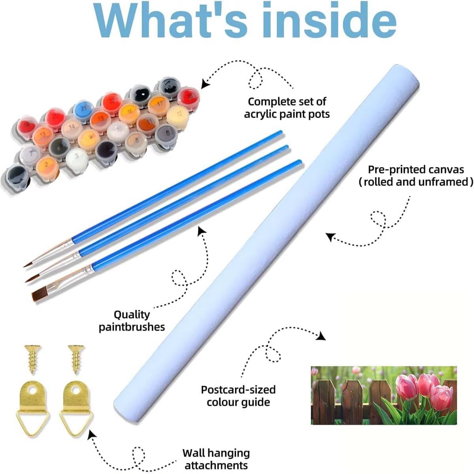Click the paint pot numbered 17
click(159, 105)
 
